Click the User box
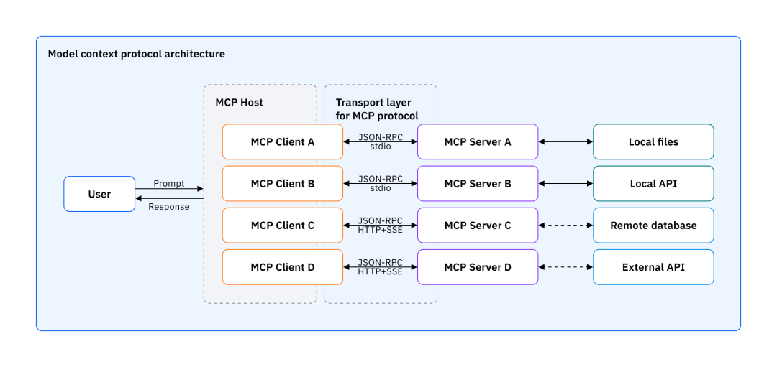pyautogui.click(x=99, y=194)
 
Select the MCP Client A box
pyautogui.click(x=282, y=141)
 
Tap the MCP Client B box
pyautogui.click(x=282, y=183)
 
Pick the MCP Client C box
pyautogui.click(x=282, y=226)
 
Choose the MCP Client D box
pyautogui.click(x=282, y=267)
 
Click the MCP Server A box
pyautogui.click(x=478, y=141)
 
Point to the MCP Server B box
pyautogui.click(x=478, y=183)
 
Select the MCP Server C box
pyautogui.click(x=478, y=226)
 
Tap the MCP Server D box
pyautogui.click(x=478, y=267)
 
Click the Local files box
pyautogui.click(x=653, y=141)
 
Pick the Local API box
pyautogui.click(x=653, y=183)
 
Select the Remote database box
pyautogui.click(x=653, y=226)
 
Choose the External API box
pyautogui.click(x=653, y=267)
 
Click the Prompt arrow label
pyautogui.click(x=169, y=183)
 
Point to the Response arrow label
pyautogui.click(x=169, y=207)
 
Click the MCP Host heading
pyautogui.click(x=239, y=103)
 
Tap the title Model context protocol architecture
pyautogui.click(x=136, y=54)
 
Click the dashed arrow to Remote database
pyautogui.click(x=565, y=226)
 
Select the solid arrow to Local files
pyautogui.click(x=565, y=142)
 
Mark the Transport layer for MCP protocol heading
pyautogui.click(x=377, y=109)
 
